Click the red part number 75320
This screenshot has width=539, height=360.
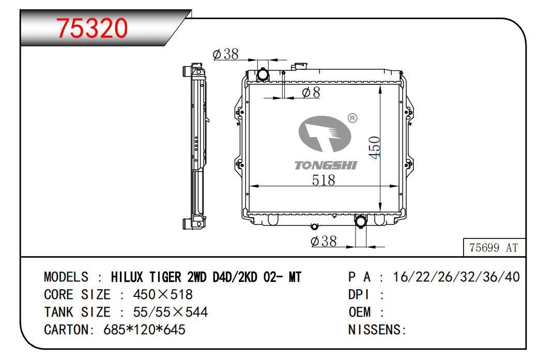(x=92, y=28)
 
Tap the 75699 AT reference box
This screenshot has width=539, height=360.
(x=494, y=247)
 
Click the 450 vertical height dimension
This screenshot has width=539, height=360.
(x=374, y=147)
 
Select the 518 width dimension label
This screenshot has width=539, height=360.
(x=323, y=180)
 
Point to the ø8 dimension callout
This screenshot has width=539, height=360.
(x=311, y=92)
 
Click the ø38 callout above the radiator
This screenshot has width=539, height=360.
(x=225, y=54)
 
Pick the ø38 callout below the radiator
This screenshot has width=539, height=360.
(x=324, y=241)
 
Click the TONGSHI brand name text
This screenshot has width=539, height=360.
(x=326, y=166)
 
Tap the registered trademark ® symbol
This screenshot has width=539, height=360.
(x=352, y=118)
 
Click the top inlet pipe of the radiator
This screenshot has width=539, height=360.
(x=263, y=74)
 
